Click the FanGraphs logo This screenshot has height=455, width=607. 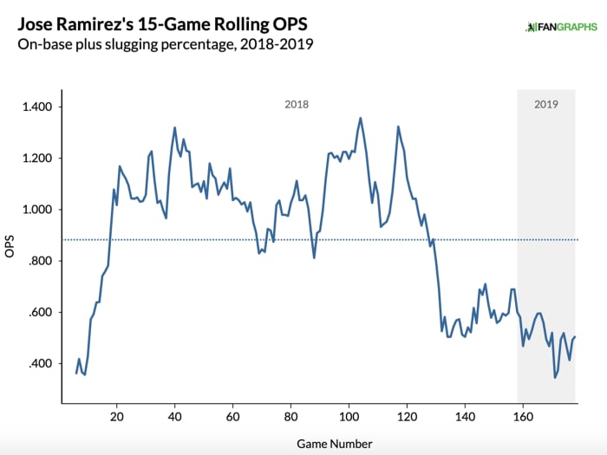pyautogui.click(x=561, y=26)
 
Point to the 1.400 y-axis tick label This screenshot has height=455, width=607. pyautogui.click(x=37, y=107)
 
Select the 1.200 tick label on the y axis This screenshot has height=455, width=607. pyautogui.click(x=37, y=159)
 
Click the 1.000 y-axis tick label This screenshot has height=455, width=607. pyautogui.click(x=37, y=210)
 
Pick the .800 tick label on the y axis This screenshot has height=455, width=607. pyautogui.click(x=40, y=261)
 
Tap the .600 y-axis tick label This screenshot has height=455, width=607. pyautogui.click(x=40, y=313)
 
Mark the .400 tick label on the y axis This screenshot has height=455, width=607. pyautogui.click(x=40, y=364)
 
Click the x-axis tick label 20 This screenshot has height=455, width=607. pyautogui.click(x=116, y=416)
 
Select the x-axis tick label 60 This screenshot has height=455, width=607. pyautogui.click(x=232, y=416)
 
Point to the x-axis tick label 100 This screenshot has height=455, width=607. pyautogui.click(x=349, y=416)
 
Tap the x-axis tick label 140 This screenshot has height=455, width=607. pyautogui.click(x=465, y=416)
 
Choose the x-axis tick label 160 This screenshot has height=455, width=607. pyautogui.click(x=523, y=416)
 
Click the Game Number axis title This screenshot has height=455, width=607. pyautogui.click(x=334, y=444)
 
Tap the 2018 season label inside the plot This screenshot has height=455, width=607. pyautogui.click(x=297, y=104)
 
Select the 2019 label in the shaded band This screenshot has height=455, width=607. pyautogui.click(x=545, y=104)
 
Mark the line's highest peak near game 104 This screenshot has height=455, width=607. pyautogui.click(x=360, y=118)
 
